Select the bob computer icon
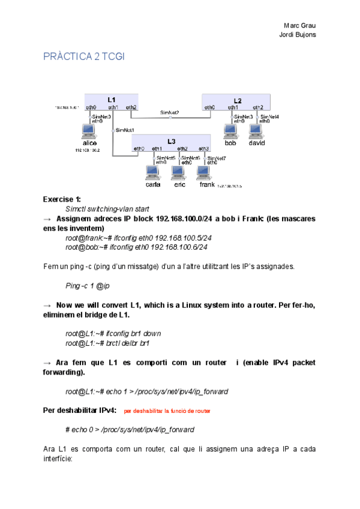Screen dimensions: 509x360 coord(230,131)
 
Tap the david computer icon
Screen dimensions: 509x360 coord(256,131)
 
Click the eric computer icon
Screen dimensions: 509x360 coord(179,173)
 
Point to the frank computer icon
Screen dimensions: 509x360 coord(206,173)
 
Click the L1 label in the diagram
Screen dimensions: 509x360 coord(112,99)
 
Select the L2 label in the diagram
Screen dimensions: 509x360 coord(238,100)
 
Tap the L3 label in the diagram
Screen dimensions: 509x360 coord(172,141)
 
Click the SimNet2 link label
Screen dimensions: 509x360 coord(169,112)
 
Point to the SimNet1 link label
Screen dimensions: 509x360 coord(125,130)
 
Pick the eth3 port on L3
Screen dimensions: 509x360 coord(204,148)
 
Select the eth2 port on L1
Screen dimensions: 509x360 coord(131,107)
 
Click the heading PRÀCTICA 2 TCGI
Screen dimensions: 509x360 coord(83,56)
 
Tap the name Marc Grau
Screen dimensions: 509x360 coord(299,25)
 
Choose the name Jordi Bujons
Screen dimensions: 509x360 coord(298,34)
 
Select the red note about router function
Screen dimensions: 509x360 coord(167,412)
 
